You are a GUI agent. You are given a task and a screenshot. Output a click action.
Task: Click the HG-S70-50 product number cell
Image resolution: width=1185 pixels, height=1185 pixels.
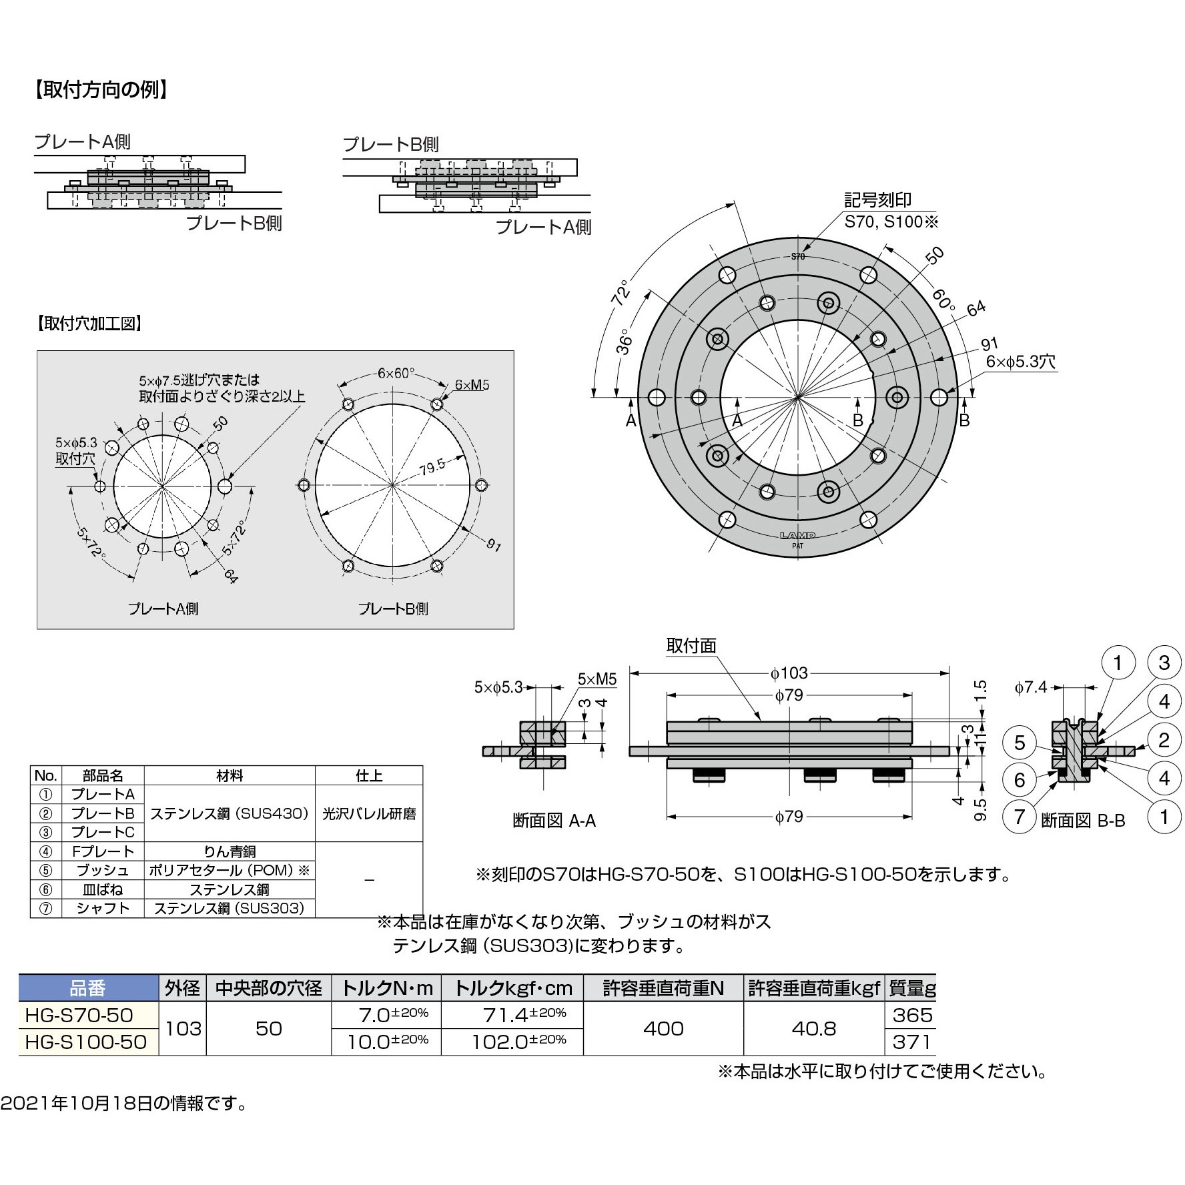pos(79,1016)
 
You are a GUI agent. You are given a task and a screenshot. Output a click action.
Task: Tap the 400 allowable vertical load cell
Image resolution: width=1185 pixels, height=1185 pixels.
pos(663,1028)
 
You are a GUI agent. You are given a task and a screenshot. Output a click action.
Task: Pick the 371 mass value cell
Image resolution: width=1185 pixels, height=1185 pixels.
pos(911,1042)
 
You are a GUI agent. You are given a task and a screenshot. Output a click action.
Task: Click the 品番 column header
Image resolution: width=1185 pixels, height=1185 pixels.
pos(87,988)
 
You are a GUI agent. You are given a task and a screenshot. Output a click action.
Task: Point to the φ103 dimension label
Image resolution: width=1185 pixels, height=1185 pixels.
pos(789,673)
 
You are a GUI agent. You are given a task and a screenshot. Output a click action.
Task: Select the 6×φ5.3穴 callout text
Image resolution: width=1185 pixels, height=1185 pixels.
pos(1021,362)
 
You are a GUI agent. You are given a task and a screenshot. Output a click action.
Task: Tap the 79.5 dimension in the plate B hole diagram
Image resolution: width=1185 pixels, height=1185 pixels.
pos(432,467)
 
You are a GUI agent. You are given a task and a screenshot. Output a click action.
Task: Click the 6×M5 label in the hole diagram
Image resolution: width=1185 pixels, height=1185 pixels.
pos(472,385)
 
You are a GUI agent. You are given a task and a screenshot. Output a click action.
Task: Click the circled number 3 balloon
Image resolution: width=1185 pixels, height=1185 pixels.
pos(1164,663)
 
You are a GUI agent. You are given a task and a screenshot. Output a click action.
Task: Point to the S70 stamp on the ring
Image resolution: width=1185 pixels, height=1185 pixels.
pos(798,256)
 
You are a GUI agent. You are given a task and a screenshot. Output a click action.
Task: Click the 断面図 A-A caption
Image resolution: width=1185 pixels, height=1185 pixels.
pos(554,821)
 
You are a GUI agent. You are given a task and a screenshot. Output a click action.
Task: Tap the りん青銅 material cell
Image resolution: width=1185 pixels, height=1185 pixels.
pos(230,851)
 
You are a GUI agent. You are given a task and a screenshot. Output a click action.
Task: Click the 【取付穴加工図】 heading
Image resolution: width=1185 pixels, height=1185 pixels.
pos(89,324)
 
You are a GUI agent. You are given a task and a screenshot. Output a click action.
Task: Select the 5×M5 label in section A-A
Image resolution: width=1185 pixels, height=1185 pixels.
pos(597,679)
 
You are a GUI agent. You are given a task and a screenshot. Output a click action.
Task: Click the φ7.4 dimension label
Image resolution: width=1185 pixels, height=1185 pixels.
pos(1031,687)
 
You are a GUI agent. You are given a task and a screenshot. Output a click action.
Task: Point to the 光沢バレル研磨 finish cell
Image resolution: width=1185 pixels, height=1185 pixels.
pos(369,813)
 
